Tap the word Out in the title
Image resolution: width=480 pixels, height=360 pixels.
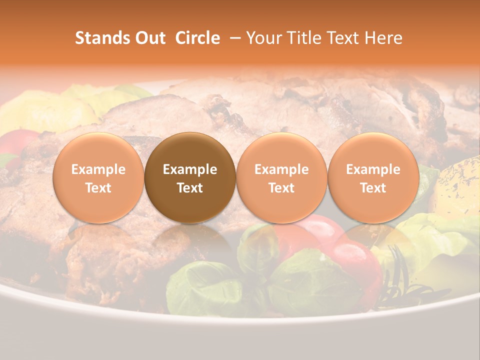[x=148, y=38]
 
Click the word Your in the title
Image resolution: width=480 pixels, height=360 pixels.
[x=263, y=38]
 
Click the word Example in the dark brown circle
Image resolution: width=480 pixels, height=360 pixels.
[x=190, y=169]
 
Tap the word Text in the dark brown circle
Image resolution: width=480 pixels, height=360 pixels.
[x=190, y=188]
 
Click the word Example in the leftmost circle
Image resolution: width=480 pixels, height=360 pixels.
[x=98, y=169]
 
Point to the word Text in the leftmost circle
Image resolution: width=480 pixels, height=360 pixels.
[x=98, y=188]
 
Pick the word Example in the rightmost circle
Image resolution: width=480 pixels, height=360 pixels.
[x=373, y=169]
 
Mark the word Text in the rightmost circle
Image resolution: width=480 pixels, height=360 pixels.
[x=373, y=188]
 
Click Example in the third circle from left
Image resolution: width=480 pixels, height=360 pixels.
[x=281, y=169]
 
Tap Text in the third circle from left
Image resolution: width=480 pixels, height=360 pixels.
[x=281, y=188]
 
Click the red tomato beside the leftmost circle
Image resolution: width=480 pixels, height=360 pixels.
[x=17, y=142]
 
